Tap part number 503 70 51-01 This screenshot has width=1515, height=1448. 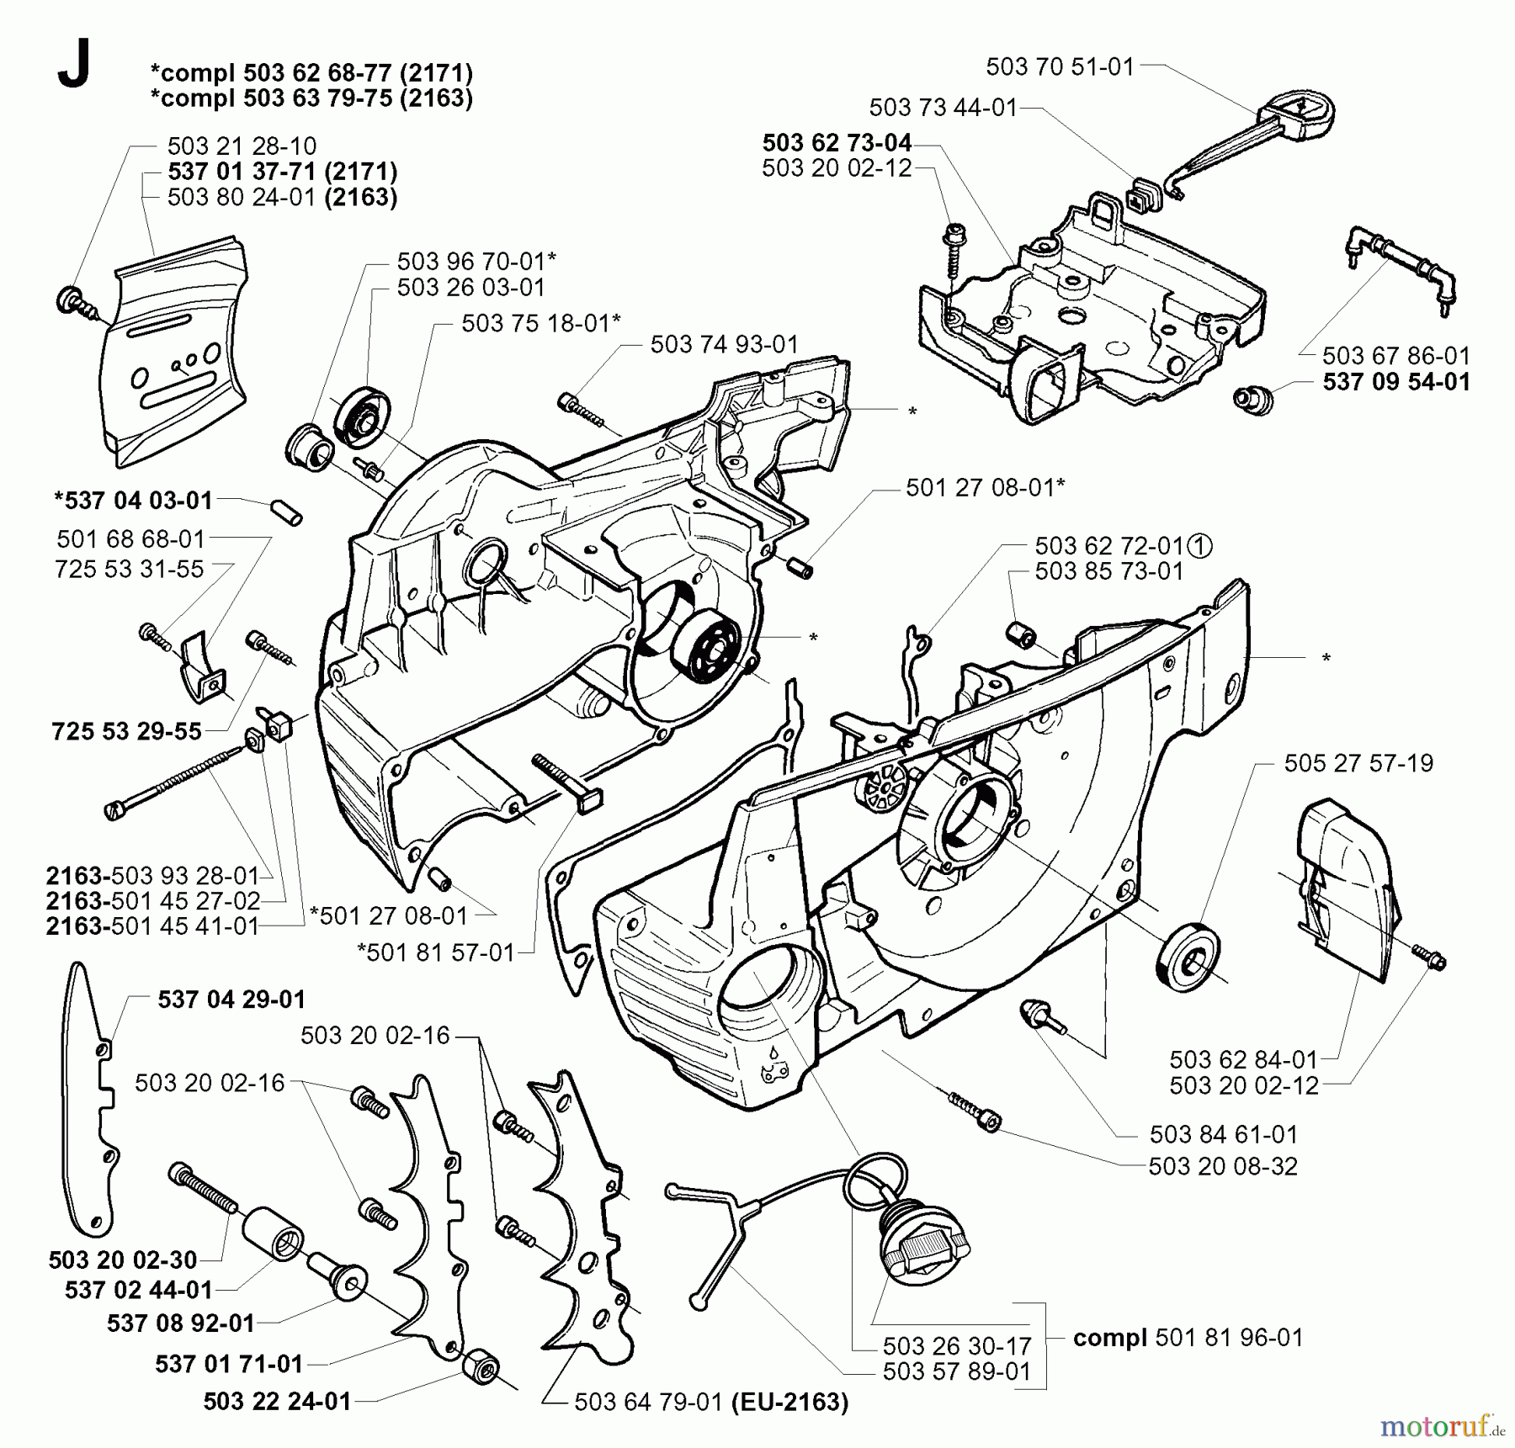coord(1060,66)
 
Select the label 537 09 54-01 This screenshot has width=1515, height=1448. coord(1396,381)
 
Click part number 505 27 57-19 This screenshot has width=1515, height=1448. coord(1358,763)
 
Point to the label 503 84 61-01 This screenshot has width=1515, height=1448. coord(1224,1134)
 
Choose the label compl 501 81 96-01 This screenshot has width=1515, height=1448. coord(1188,1337)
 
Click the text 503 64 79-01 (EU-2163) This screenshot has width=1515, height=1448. coord(711,1402)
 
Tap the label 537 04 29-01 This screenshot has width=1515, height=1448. coord(231,999)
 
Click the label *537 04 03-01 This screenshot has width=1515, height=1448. coord(132,500)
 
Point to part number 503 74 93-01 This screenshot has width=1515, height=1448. coord(724,344)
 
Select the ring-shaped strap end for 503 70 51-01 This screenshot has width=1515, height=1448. coord(1300,114)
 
